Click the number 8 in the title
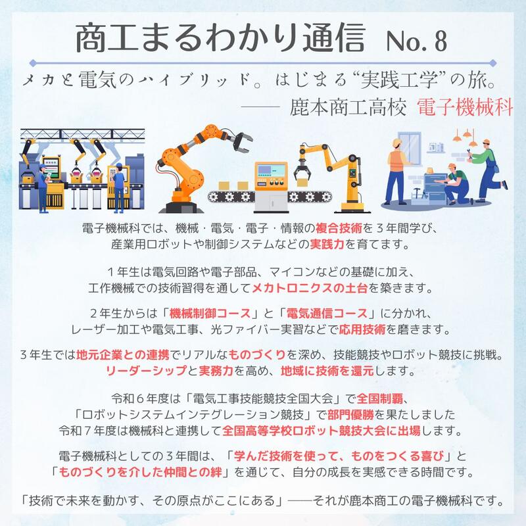click(x=441, y=41)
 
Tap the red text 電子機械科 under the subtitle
click(x=465, y=108)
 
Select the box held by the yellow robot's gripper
click(x=302, y=182)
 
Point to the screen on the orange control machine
click(x=271, y=171)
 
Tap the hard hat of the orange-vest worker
click(x=397, y=142)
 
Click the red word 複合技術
click(x=339, y=228)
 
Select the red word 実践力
click(x=327, y=244)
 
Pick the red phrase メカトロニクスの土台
click(x=310, y=288)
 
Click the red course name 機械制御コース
click(x=210, y=314)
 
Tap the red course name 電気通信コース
click(x=327, y=314)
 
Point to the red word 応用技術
click(x=362, y=329)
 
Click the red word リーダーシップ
click(x=146, y=371)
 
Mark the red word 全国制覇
click(x=380, y=399)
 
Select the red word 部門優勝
click(x=350, y=415)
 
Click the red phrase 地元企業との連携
click(x=123, y=355)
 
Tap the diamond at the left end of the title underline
click(x=32, y=62)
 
